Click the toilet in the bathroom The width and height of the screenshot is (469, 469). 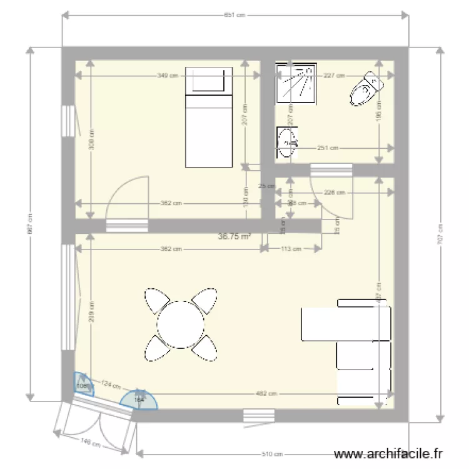(x=366, y=89)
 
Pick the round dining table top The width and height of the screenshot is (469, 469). (x=181, y=323)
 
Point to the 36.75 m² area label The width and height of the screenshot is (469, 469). (x=234, y=237)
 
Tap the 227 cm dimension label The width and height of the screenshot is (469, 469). (x=333, y=76)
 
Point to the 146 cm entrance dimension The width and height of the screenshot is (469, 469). (x=90, y=443)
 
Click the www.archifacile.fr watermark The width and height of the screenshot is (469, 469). (x=389, y=455)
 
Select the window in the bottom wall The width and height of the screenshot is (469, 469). (x=259, y=415)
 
